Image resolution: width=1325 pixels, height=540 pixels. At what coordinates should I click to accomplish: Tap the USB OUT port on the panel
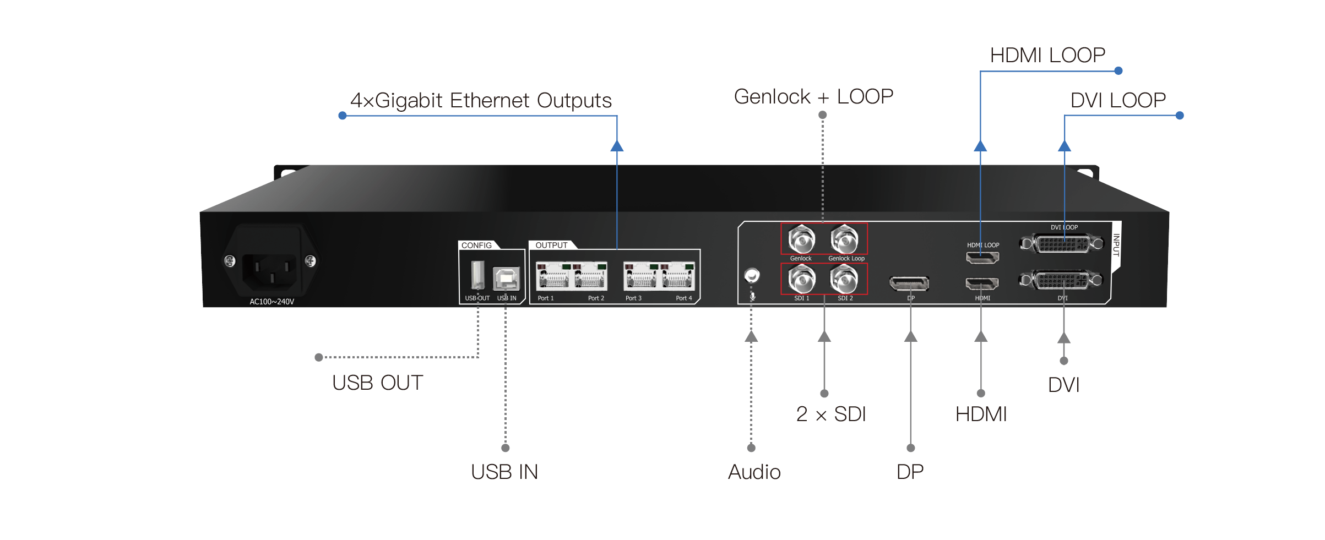point(477,275)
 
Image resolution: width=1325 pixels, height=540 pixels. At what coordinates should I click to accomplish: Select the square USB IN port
point(507,279)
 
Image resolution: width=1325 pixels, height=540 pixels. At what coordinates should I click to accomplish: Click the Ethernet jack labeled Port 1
point(553,276)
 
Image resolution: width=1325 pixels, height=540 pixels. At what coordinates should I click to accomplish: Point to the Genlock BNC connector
point(801,239)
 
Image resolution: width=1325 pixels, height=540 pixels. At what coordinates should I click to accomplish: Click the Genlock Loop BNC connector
point(844,239)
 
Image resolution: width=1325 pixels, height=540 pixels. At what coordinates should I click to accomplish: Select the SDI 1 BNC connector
point(801,279)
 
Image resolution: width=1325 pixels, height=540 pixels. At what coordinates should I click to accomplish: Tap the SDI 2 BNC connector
point(844,279)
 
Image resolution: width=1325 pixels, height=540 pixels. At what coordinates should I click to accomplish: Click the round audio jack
point(752,275)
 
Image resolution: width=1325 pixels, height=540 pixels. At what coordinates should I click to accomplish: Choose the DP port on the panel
point(909,284)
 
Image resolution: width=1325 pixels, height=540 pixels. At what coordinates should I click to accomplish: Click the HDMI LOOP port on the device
point(982,257)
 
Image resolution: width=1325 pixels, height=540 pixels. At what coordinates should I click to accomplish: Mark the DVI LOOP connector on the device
point(1062,243)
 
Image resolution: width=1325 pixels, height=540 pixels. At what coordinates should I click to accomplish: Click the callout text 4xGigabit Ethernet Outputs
point(481,101)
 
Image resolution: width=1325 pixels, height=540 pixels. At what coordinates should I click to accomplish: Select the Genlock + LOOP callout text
point(813,97)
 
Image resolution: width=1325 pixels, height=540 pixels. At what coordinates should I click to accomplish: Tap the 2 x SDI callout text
point(831,414)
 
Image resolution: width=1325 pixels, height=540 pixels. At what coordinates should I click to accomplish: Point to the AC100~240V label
point(272,302)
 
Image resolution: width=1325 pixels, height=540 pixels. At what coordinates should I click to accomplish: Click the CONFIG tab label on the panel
point(477,246)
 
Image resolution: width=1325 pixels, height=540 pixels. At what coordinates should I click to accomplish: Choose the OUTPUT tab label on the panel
point(551,246)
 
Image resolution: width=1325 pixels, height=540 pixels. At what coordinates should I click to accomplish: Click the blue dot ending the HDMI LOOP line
point(1118,70)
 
